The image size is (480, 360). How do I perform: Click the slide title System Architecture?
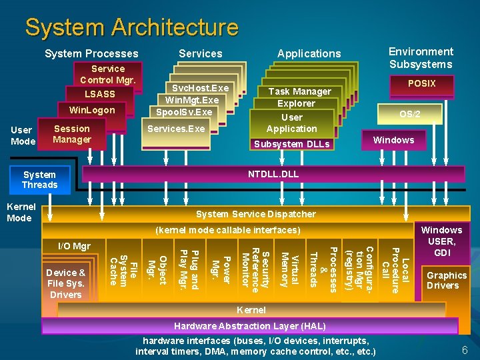click(131, 27)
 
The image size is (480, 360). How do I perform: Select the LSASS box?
click(100, 94)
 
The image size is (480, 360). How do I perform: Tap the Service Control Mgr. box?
click(108, 74)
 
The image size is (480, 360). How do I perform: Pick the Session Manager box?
click(72, 134)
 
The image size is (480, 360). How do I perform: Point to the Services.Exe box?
click(176, 129)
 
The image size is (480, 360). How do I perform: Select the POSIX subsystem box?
click(421, 84)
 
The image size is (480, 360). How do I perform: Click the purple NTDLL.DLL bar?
click(273, 174)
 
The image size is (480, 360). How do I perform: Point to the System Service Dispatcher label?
click(255, 214)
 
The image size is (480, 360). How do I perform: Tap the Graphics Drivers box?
click(447, 280)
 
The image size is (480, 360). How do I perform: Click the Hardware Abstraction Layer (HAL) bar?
click(249, 326)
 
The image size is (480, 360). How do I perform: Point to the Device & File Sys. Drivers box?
click(66, 283)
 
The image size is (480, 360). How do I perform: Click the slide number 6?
click(465, 349)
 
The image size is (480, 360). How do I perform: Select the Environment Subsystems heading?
click(421, 58)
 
